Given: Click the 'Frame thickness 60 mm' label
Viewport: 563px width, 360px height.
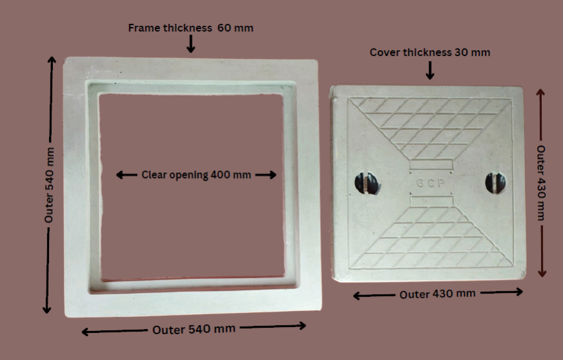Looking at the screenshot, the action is (190, 28).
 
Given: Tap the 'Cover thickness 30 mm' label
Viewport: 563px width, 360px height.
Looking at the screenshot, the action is (430, 52).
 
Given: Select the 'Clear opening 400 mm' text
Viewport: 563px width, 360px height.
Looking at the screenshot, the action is (196, 175).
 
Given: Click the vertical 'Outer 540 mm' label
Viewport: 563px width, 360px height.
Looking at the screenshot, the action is (49, 185).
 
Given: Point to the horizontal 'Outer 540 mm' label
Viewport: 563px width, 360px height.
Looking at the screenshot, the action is (194, 329).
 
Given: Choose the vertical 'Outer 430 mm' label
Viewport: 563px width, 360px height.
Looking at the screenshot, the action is (541, 183).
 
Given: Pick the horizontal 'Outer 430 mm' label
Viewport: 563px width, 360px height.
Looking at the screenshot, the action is (437, 294).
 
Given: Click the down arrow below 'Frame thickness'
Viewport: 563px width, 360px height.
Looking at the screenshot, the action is (190, 44).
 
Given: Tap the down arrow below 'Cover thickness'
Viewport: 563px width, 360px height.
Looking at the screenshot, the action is (430, 70).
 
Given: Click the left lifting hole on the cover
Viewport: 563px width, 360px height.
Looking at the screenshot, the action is (367, 183).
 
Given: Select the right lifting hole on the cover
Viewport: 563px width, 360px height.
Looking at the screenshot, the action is (495, 183).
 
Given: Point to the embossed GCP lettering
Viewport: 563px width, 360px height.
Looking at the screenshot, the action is (431, 183).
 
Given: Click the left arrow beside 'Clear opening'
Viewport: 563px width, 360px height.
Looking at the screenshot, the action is (127, 175).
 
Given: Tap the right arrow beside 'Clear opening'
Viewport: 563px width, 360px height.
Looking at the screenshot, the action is (266, 175).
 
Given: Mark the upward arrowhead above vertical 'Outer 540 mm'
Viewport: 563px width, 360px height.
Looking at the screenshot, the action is (52, 60).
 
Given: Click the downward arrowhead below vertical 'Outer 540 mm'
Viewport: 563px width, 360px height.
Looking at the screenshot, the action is (46, 309).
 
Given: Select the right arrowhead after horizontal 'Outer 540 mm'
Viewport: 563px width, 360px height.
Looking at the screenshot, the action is (302, 326).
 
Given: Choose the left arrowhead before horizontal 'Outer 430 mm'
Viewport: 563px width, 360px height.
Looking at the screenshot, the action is (357, 295).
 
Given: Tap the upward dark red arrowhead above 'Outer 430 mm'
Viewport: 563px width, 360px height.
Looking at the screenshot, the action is (541, 93).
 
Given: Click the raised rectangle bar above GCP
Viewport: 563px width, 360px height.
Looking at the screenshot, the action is (431, 165).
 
